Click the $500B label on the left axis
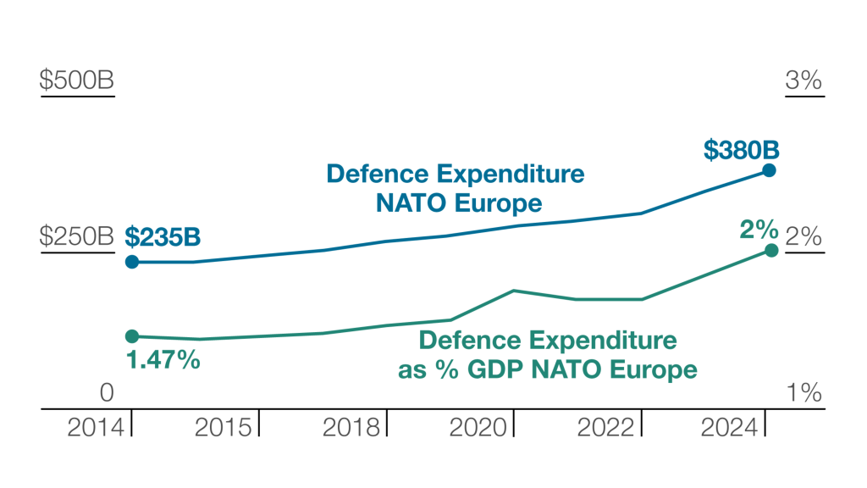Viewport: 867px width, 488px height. [77, 81]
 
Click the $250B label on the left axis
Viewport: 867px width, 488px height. [77, 237]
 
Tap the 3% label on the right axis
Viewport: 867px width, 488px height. [803, 81]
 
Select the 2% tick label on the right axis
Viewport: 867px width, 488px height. [803, 237]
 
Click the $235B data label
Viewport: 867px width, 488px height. [163, 236]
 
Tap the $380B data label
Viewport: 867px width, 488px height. [741, 150]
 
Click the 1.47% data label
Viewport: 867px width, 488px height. [163, 360]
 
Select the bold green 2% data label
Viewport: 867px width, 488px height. [758, 229]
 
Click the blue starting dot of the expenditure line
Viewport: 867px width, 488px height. [132, 262]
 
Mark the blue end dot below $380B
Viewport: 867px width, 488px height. [769, 170]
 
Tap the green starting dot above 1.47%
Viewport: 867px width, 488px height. [132, 336]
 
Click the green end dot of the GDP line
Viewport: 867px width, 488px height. [771, 250]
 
